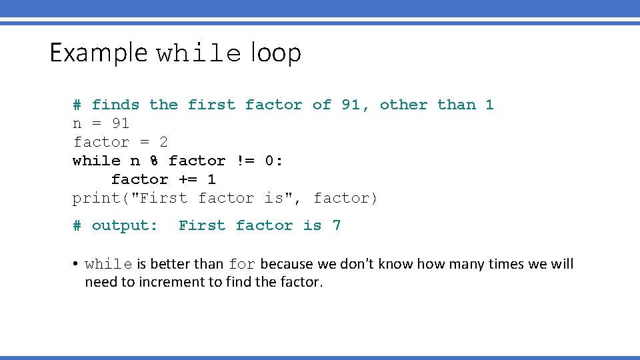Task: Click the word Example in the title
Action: [x=98, y=53]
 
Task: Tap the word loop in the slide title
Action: [x=276, y=53]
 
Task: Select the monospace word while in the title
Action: [x=198, y=54]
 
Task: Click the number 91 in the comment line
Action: [x=351, y=105]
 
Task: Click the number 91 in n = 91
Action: [x=121, y=123]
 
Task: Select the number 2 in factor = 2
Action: [x=163, y=142]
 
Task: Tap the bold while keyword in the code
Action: [x=97, y=161]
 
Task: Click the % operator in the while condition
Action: [x=154, y=161]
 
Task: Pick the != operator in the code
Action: [x=245, y=161]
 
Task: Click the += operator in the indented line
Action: [x=187, y=179]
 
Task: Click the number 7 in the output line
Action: [x=337, y=225]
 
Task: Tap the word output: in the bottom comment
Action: [x=125, y=225]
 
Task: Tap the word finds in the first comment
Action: [x=115, y=105]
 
